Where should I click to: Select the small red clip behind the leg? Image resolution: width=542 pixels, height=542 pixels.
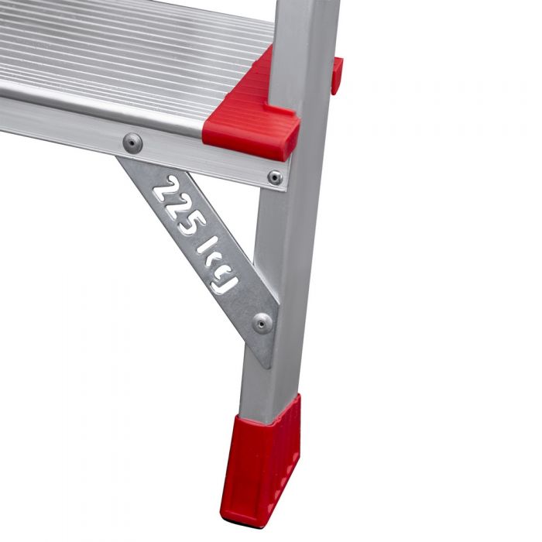337,75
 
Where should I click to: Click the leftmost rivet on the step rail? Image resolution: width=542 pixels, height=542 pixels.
132,143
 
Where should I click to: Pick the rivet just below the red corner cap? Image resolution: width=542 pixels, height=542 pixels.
275,178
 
